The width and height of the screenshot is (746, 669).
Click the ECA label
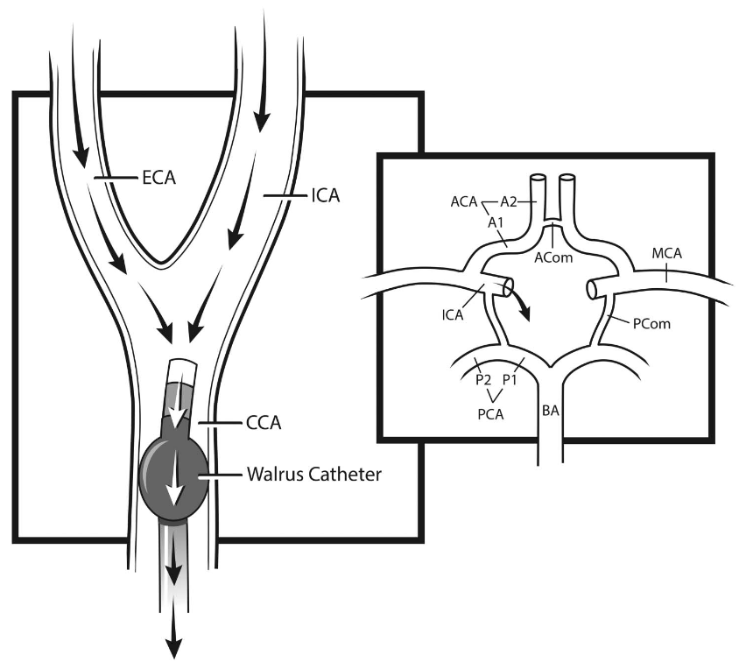coord(158,179)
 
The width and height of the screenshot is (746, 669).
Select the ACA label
coord(464,201)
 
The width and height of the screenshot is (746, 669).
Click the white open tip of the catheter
coord(181,370)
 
